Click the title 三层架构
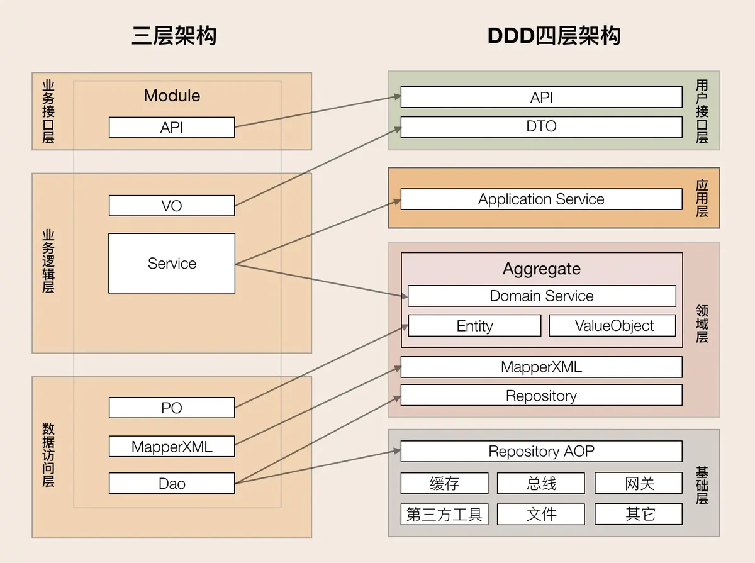click(x=174, y=36)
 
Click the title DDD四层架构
click(x=554, y=36)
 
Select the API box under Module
click(x=172, y=127)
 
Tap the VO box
click(x=172, y=206)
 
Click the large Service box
click(x=172, y=263)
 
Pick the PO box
click(x=172, y=408)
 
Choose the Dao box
click(x=172, y=483)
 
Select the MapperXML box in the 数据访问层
click(x=172, y=447)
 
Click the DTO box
click(x=541, y=126)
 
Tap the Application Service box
click(x=541, y=199)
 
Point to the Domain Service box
click(x=541, y=296)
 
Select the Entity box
click(x=474, y=326)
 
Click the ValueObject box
click(x=613, y=326)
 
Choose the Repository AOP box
click(x=541, y=451)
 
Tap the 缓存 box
click(x=444, y=483)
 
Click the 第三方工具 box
click(x=444, y=514)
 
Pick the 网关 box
click(x=639, y=483)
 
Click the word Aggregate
click(x=541, y=269)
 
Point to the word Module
click(x=172, y=96)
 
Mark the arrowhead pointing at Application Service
click(x=397, y=201)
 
